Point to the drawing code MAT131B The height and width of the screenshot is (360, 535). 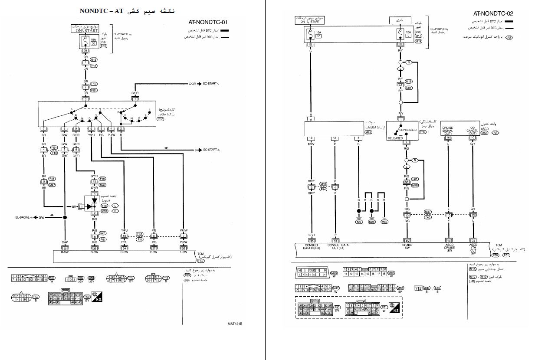point(235,324)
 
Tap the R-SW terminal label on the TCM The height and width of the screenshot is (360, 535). point(65,252)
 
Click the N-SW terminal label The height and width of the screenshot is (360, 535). point(94,252)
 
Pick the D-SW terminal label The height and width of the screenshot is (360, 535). point(124,252)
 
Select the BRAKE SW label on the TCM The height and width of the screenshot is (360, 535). point(407,247)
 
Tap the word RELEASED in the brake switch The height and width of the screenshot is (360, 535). point(395,138)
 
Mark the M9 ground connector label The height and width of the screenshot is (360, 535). point(359,222)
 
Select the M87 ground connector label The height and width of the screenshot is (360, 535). point(384,222)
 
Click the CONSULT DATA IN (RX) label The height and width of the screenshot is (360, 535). point(311,247)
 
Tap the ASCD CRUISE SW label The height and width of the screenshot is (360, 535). point(449,248)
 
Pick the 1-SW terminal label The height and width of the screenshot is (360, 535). point(184,252)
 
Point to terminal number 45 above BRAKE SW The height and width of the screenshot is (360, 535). point(407,241)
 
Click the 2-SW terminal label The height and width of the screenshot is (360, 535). point(154,252)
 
